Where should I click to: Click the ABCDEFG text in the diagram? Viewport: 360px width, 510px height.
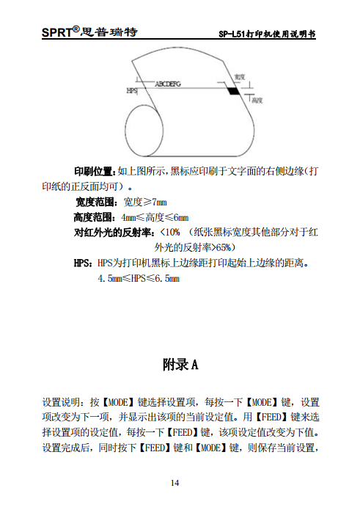pos(168,85)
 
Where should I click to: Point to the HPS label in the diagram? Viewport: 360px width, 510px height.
pos(133,92)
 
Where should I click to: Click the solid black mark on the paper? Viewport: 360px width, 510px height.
pos(233,91)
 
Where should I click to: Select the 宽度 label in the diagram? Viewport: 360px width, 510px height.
pos(240,76)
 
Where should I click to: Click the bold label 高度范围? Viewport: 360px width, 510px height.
pos(95,217)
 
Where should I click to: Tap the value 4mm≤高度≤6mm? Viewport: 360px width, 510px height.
pos(155,217)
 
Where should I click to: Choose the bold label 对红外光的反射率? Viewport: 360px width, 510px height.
pos(114,233)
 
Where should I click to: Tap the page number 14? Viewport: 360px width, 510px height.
pos(175,482)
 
